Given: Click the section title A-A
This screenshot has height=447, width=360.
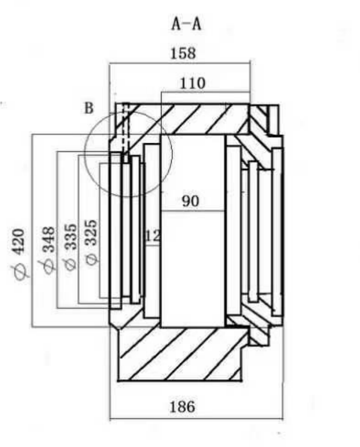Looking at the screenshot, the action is [x=187, y=24].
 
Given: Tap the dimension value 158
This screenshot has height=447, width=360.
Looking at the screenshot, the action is [x=183, y=53].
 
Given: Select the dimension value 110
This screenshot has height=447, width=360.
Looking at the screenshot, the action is [x=192, y=83].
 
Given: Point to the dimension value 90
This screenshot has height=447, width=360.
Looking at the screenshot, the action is [x=191, y=201].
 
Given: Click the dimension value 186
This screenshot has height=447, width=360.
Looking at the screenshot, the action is [x=183, y=407].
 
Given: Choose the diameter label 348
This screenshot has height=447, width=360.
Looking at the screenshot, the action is [x=48, y=239].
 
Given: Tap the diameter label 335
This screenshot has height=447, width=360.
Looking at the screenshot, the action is [x=71, y=237].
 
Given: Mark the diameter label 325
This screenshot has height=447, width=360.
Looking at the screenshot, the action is [x=92, y=233].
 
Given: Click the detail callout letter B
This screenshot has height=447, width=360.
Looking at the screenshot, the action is [x=89, y=108].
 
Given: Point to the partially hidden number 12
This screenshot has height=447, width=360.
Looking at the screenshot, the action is [x=153, y=236].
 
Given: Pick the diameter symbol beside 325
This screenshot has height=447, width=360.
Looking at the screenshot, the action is [x=92, y=259].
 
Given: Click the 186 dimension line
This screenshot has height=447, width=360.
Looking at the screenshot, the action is [x=196, y=419].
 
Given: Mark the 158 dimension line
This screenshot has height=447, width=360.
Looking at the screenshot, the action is [x=180, y=63].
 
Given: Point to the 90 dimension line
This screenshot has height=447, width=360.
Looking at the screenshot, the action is [x=193, y=211].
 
